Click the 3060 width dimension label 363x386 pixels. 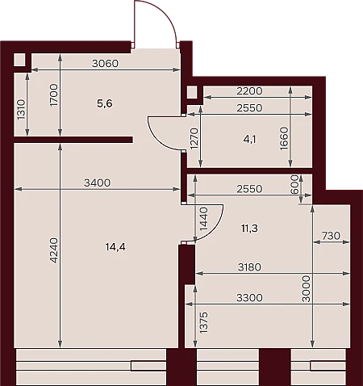(x=105, y=64)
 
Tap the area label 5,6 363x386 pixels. (x=105, y=103)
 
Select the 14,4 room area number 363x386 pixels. (x=115, y=247)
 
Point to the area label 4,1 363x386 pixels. (x=249, y=140)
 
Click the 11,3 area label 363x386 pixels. (x=249, y=229)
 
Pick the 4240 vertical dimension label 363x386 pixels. (x=54, y=250)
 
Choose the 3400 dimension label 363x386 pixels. (x=97, y=183)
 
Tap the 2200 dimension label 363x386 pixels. (x=249, y=91)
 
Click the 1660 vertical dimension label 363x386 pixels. (x=284, y=139)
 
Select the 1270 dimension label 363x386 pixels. (x=194, y=138)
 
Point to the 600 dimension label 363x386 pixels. (x=294, y=184)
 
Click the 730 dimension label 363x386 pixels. (x=331, y=236)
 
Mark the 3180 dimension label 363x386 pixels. (x=249, y=267)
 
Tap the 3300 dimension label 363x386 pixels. (x=249, y=298)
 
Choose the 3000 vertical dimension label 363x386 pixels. (x=307, y=289)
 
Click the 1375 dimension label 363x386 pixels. (x=204, y=322)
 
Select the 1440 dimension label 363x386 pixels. (x=204, y=219)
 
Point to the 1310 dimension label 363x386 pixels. (x=21, y=110)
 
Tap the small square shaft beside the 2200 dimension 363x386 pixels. (x=192, y=92)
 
